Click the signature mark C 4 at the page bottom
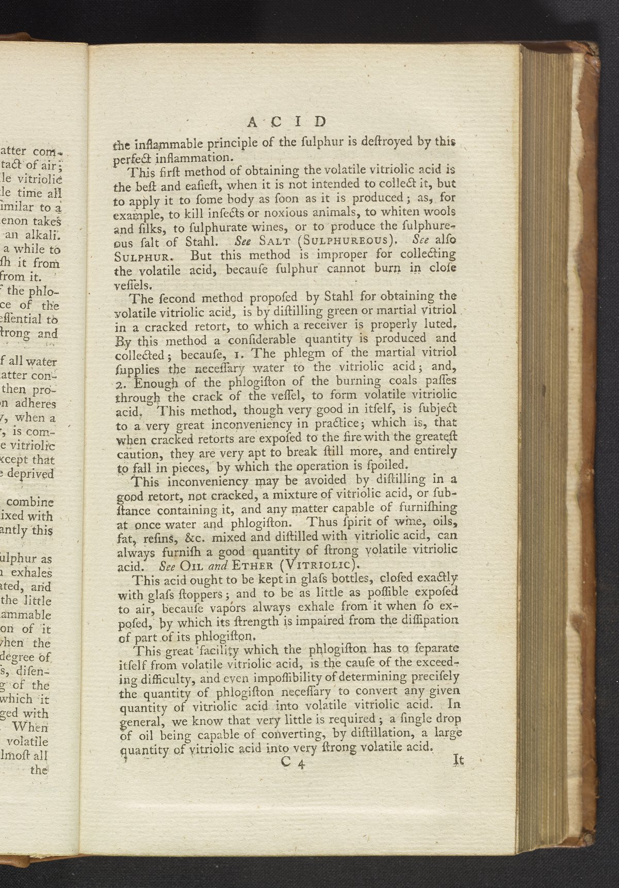pyautogui.click(x=295, y=764)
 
